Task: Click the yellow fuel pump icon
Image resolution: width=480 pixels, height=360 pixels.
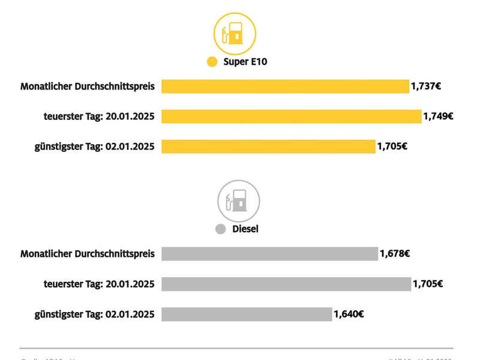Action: tap(235, 34)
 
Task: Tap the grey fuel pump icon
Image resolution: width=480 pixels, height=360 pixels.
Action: tap(238, 201)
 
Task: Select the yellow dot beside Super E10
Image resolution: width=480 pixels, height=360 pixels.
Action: tap(212, 62)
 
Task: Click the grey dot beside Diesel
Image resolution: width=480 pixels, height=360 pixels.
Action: tap(220, 229)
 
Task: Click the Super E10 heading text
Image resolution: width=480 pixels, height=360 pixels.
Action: tap(245, 62)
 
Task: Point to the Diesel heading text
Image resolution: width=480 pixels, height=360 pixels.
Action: tap(245, 229)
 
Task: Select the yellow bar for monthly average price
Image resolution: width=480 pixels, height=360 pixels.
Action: tap(285, 86)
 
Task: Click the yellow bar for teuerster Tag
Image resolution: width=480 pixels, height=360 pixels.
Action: tap(292, 116)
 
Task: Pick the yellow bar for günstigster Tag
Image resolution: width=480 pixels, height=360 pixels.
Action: tap(268, 146)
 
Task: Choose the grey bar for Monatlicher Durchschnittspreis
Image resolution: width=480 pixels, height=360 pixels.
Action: tap(270, 254)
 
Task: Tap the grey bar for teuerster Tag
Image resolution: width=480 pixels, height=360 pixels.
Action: tap(286, 284)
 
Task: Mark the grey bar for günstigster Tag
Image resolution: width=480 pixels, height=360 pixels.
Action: tap(247, 314)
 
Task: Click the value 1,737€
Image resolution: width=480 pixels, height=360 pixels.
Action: tap(426, 86)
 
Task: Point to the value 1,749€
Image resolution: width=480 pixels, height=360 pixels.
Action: tap(438, 116)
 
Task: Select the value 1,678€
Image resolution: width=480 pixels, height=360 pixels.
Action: tap(395, 254)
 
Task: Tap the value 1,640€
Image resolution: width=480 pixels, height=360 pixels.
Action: tap(349, 314)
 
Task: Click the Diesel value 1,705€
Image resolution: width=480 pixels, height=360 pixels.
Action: tap(428, 284)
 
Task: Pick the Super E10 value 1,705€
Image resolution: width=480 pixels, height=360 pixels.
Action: tap(392, 146)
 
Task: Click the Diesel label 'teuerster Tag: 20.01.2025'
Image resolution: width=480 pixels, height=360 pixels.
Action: tap(99, 284)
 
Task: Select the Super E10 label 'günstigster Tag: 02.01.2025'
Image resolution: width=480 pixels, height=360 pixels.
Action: tap(94, 146)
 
